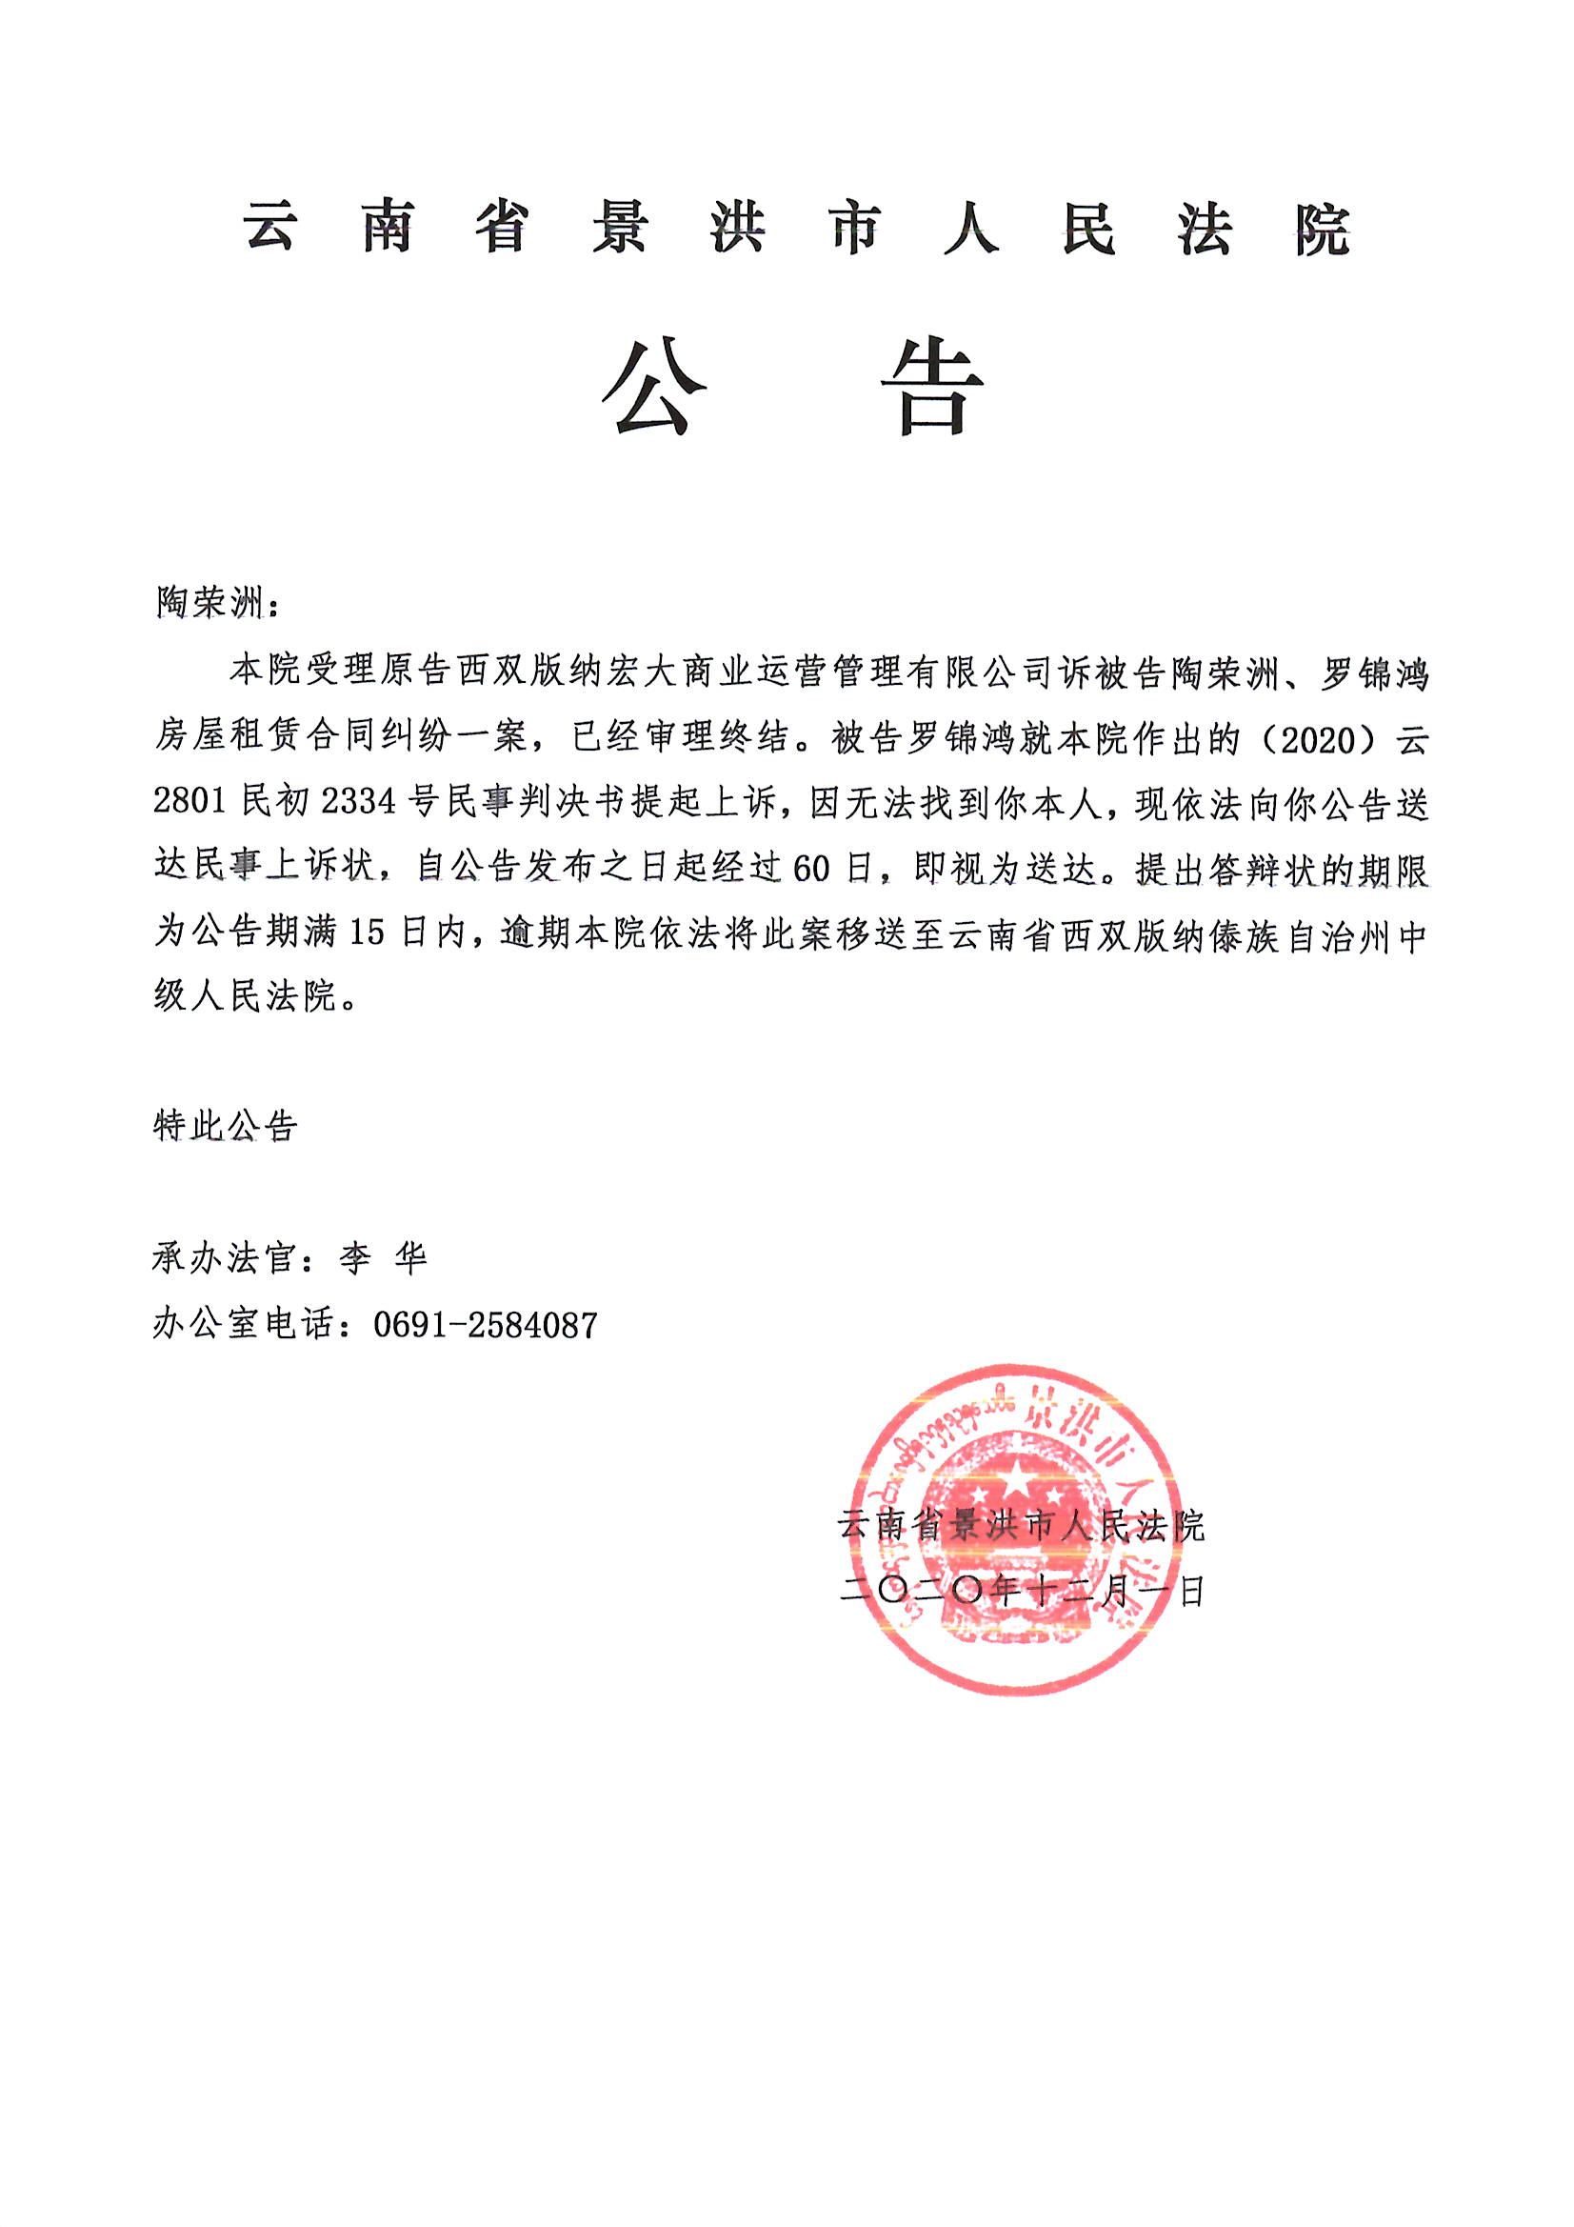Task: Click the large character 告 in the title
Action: click(932, 388)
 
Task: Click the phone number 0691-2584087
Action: click(485, 1325)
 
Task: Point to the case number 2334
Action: click(358, 804)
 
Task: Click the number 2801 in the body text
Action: click(190, 804)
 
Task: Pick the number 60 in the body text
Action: click(810, 868)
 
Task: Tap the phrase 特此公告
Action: click(225, 1126)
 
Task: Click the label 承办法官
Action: click(224, 1259)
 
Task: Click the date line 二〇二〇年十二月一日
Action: click(1021, 1592)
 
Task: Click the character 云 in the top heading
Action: click(269, 229)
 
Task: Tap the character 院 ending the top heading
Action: click(1322, 231)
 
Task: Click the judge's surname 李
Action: click(355, 1259)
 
